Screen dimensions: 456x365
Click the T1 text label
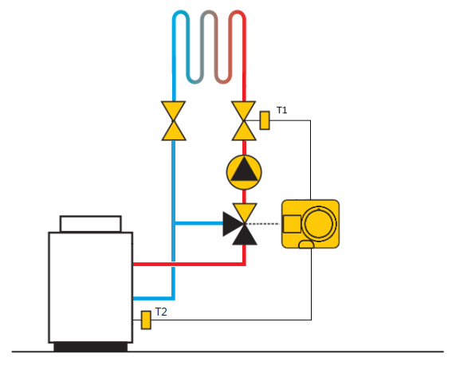click(x=281, y=110)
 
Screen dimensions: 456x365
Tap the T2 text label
click(x=161, y=312)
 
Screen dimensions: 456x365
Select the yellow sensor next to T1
click(x=265, y=120)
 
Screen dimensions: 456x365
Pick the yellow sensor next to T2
click(x=146, y=320)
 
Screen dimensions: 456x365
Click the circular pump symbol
click(x=244, y=172)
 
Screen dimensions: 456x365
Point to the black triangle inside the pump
click(x=244, y=170)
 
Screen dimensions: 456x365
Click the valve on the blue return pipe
click(x=174, y=120)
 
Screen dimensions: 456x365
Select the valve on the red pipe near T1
click(x=244, y=120)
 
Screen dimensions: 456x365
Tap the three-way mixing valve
click(x=241, y=224)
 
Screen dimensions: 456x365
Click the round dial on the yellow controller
click(x=319, y=224)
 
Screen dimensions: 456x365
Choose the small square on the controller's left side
click(x=292, y=224)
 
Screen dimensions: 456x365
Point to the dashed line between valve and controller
click(x=262, y=224)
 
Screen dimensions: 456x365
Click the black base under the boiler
click(x=91, y=347)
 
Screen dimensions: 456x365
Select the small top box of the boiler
click(x=90, y=224)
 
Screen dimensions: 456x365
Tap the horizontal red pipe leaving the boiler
click(x=188, y=264)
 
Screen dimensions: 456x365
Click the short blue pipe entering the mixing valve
click(x=199, y=223)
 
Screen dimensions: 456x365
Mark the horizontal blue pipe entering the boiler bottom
click(x=154, y=298)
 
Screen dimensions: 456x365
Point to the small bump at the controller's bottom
click(x=306, y=245)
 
